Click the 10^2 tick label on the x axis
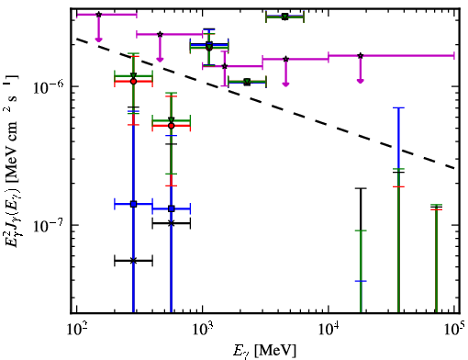pyautogui.click(x=77, y=330)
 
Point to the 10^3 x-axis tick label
pyautogui.click(x=203, y=330)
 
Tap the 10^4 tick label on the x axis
pyautogui.click(x=329, y=330)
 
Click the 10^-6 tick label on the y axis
pyautogui.click(x=49, y=87)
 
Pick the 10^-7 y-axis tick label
pyautogui.click(x=49, y=226)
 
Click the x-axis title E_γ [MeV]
pyautogui.click(x=265, y=351)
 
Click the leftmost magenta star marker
pyautogui.click(x=98, y=15)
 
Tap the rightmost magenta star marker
pyautogui.click(x=361, y=56)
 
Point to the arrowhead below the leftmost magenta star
pyautogui.click(x=98, y=39)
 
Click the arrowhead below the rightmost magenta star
pyautogui.click(x=361, y=81)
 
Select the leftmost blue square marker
pyautogui.click(x=133, y=204)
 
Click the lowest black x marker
pyautogui.click(x=133, y=261)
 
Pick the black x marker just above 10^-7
pyautogui.click(x=172, y=223)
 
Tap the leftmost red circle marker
pyautogui.click(x=133, y=82)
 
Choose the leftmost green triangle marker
pyautogui.click(x=133, y=76)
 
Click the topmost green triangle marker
pyautogui.click(x=284, y=17)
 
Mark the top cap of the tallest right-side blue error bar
pyautogui.click(x=398, y=107)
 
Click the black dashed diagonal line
pyautogui.click(x=266, y=104)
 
